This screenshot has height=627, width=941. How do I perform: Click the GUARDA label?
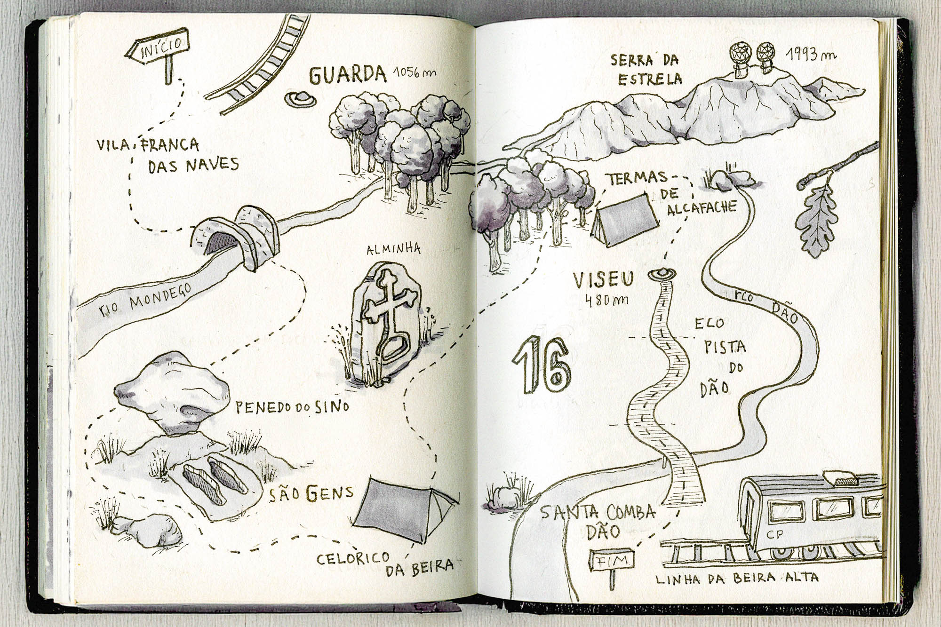(x=348, y=75)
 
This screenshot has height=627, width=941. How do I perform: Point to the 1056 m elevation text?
(x=414, y=73)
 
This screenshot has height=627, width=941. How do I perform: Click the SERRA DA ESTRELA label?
(x=647, y=69)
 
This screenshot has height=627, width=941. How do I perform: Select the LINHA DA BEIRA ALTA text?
(x=736, y=579)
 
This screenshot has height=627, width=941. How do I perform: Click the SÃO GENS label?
(x=311, y=494)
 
